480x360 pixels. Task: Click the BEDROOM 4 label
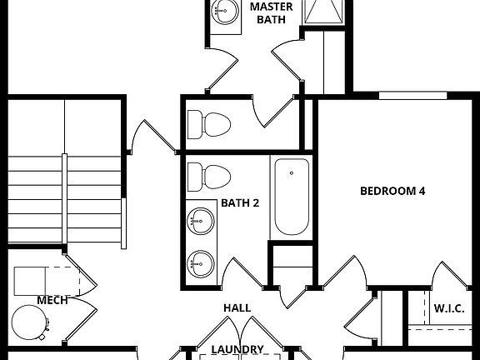click(392, 191)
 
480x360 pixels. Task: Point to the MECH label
click(52, 300)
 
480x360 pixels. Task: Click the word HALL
click(237, 308)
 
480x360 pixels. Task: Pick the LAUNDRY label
click(237, 350)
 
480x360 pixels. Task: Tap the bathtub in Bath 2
click(291, 196)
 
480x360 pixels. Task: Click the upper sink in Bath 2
click(200, 222)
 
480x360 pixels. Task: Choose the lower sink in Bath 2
click(200, 263)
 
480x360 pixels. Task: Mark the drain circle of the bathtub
click(292, 173)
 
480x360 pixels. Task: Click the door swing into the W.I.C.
click(446, 277)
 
